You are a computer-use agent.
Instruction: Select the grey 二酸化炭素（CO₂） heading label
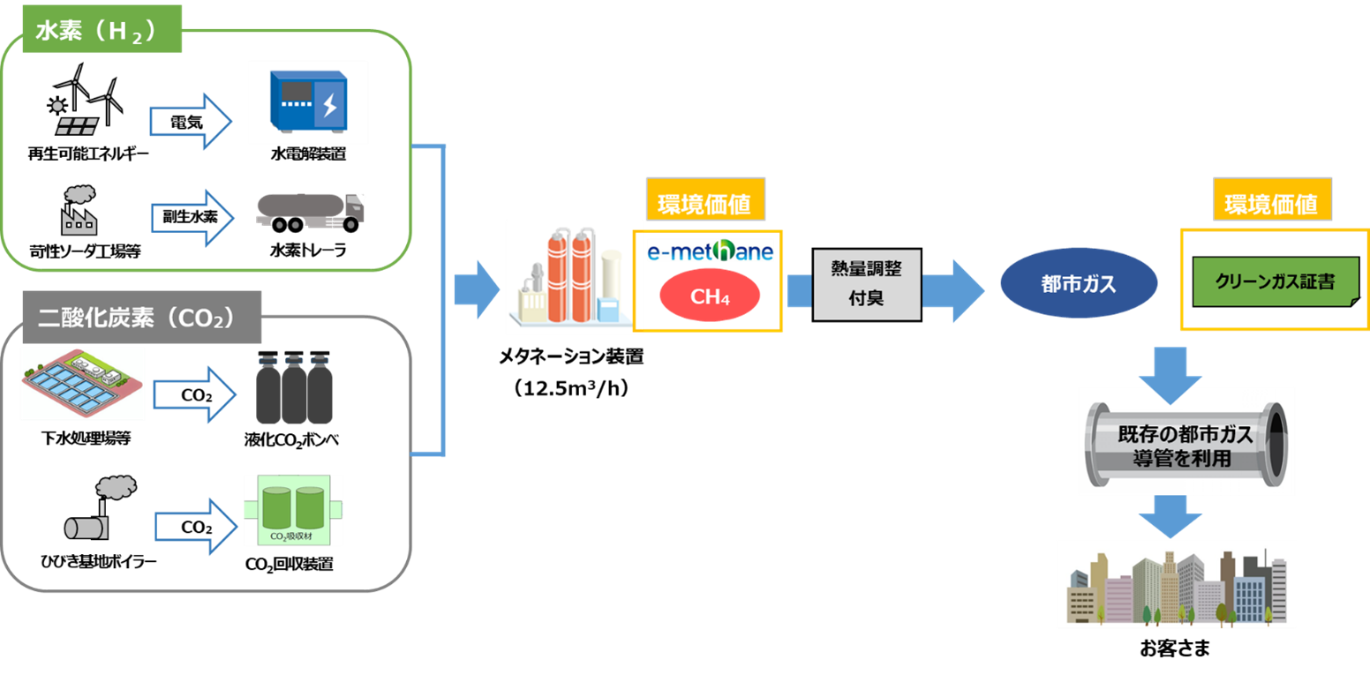(137, 317)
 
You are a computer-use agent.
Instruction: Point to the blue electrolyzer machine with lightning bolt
(308, 102)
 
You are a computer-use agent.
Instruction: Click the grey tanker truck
(310, 212)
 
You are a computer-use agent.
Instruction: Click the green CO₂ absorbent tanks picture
(293, 510)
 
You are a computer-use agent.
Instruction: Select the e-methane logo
(710, 251)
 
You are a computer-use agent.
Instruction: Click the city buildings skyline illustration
(1176, 584)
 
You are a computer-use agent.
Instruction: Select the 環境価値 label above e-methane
(704, 205)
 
